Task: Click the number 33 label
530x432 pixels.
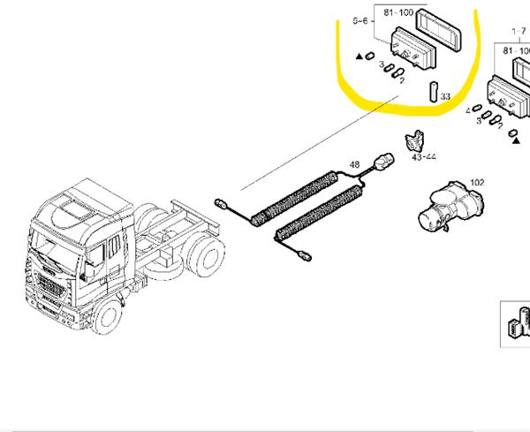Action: (x=445, y=96)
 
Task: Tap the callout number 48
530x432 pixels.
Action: (x=354, y=164)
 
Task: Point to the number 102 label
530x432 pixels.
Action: (x=476, y=183)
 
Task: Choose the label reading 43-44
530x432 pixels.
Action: (x=425, y=157)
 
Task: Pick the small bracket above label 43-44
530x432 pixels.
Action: (x=413, y=141)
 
